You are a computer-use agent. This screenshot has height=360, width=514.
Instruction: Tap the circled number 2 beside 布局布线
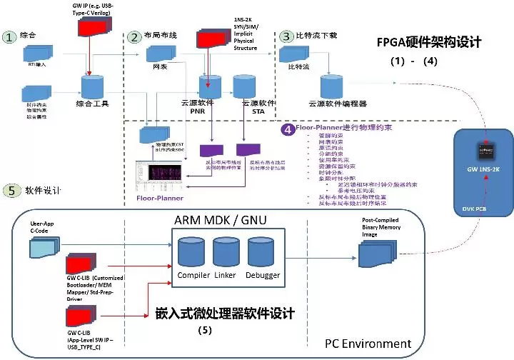click(x=133, y=36)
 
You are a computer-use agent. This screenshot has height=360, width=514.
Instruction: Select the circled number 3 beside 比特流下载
click(x=286, y=35)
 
